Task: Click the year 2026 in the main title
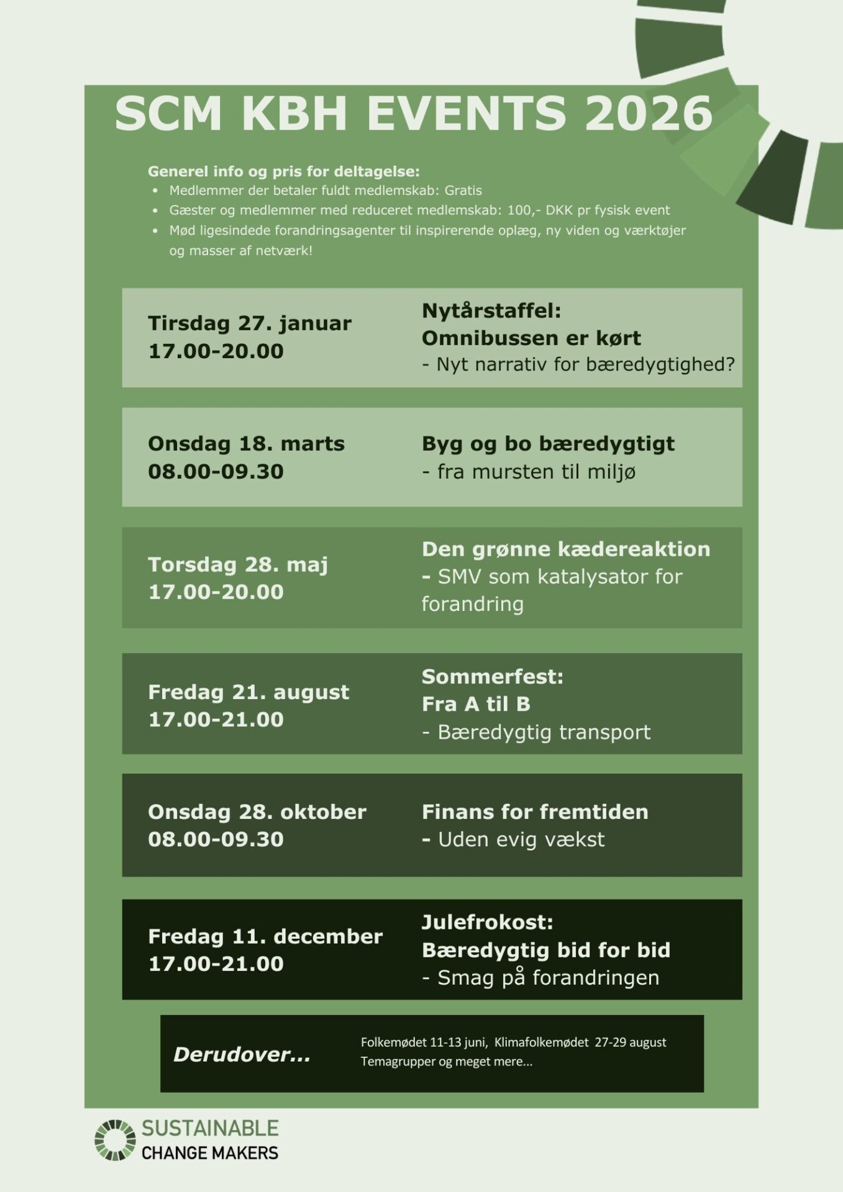(x=648, y=114)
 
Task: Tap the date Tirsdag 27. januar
(x=249, y=323)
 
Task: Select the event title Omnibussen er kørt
(x=531, y=338)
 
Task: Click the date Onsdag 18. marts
(x=246, y=444)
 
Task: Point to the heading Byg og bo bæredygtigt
(x=548, y=444)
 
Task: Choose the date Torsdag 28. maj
(x=237, y=564)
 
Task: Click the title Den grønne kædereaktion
(x=565, y=549)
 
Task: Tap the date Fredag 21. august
(x=248, y=692)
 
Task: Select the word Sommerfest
(x=491, y=677)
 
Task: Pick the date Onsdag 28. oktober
(x=257, y=812)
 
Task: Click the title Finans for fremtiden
(x=535, y=812)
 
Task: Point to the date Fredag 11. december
(x=265, y=936)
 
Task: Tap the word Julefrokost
(x=486, y=923)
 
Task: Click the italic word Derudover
(x=241, y=1054)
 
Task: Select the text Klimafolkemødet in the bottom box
(x=541, y=1042)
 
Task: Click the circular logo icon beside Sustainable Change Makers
(x=115, y=1140)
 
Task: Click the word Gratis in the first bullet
(x=463, y=191)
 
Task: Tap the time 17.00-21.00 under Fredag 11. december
(x=216, y=964)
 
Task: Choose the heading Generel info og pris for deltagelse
(x=283, y=171)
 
